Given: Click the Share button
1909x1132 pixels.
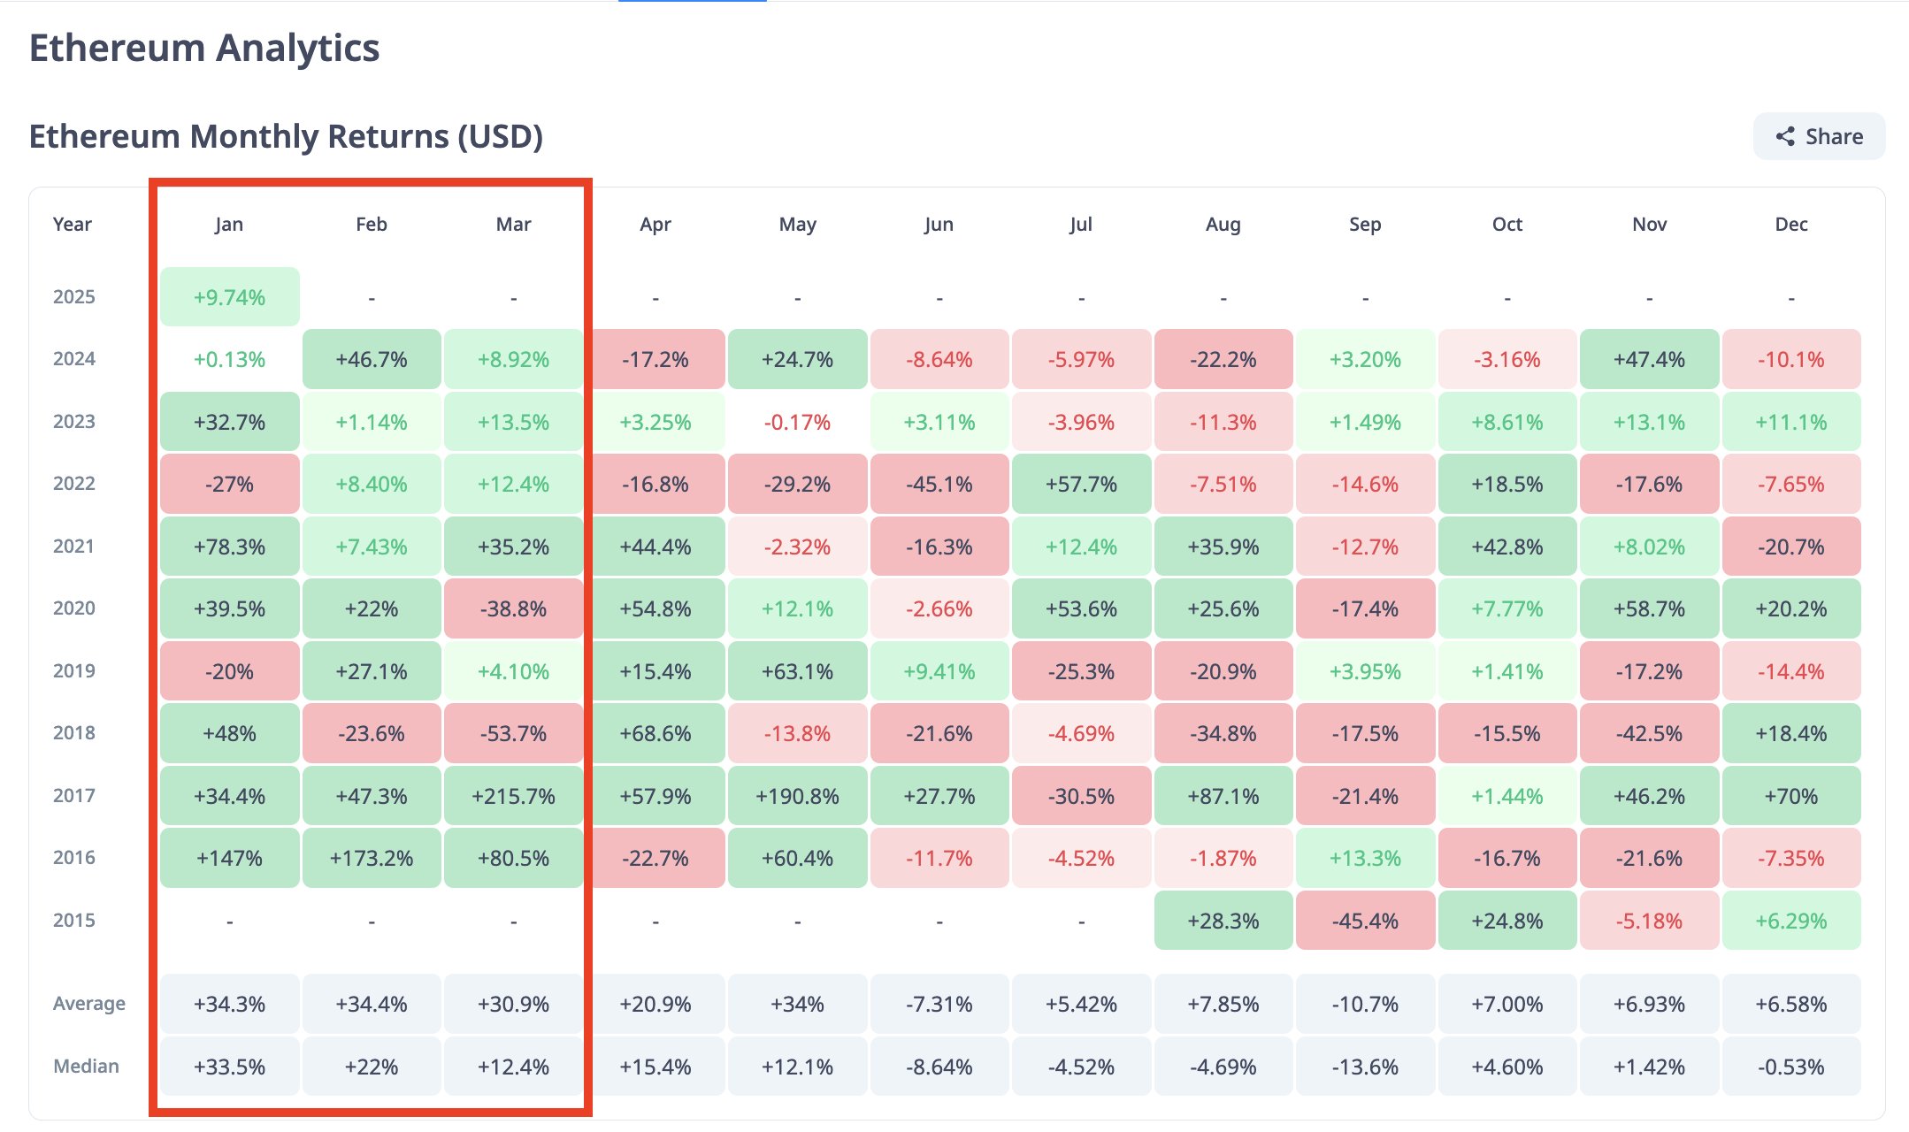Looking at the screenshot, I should tap(1819, 136).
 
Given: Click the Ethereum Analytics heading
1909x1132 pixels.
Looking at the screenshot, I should tap(204, 48).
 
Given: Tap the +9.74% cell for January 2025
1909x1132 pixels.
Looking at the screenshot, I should tap(229, 297).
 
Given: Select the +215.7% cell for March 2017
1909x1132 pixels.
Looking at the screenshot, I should tap(513, 796).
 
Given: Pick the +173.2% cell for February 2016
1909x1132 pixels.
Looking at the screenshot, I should tap(372, 858).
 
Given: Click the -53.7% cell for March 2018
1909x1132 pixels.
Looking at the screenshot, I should tap(513, 733).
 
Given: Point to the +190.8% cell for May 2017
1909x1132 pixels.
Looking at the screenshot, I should tap(797, 796).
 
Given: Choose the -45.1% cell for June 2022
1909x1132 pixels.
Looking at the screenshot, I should tap(939, 484).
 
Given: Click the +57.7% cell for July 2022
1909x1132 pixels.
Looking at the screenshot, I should tap(1081, 484).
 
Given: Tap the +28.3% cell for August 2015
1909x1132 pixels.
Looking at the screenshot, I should tap(1223, 921).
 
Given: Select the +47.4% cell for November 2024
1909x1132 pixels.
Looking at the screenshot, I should tap(1649, 359).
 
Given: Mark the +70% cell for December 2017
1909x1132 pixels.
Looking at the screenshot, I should tap(1790, 796).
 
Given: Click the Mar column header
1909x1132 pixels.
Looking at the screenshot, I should tap(513, 225).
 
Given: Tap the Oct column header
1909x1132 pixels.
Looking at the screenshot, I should tap(1506, 225).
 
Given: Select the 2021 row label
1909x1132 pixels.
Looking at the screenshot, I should tap(73, 547).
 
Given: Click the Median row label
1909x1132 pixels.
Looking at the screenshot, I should tap(86, 1066).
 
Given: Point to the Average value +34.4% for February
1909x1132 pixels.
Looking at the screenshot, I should tap(372, 1004).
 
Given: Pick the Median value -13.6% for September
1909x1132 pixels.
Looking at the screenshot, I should tap(1365, 1067).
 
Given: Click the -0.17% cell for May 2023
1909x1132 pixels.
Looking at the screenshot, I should tap(797, 422).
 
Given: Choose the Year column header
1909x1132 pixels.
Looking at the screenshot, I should tap(72, 225).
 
